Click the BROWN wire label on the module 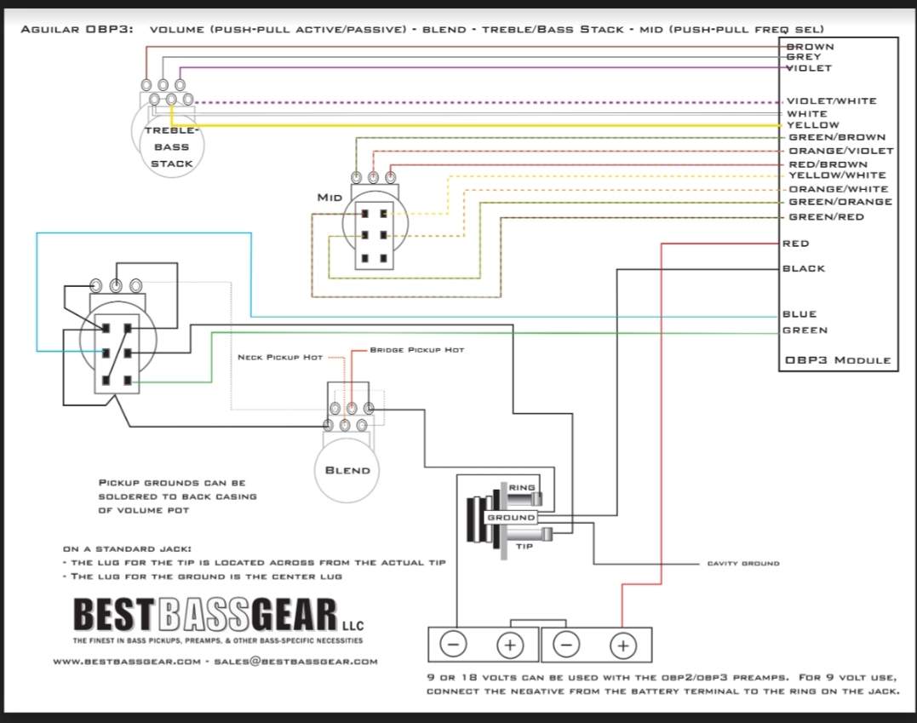pyautogui.click(x=810, y=47)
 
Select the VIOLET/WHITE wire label pyautogui.click(x=832, y=101)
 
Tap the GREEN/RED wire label pyautogui.click(x=827, y=217)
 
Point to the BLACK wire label pyautogui.click(x=804, y=268)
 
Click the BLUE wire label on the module pyautogui.click(x=800, y=314)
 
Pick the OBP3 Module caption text pyautogui.click(x=838, y=360)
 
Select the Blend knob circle pyautogui.click(x=347, y=470)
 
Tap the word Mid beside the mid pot pyautogui.click(x=330, y=198)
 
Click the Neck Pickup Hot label pyautogui.click(x=280, y=358)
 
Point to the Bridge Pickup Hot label pyautogui.click(x=417, y=350)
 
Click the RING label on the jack pyautogui.click(x=522, y=487)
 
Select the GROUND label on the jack pyautogui.click(x=511, y=518)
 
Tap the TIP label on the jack pyautogui.click(x=524, y=547)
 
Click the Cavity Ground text pyautogui.click(x=743, y=563)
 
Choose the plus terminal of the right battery pyautogui.click(x=623, y=646)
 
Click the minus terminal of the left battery pyautogui.click(x=453, y=645)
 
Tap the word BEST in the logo pyautogui.click(x=113, y=616)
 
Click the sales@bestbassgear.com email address pyautogui.click(x=295, y=662)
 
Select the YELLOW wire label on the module pyautogui.click(x=813, y=125)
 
